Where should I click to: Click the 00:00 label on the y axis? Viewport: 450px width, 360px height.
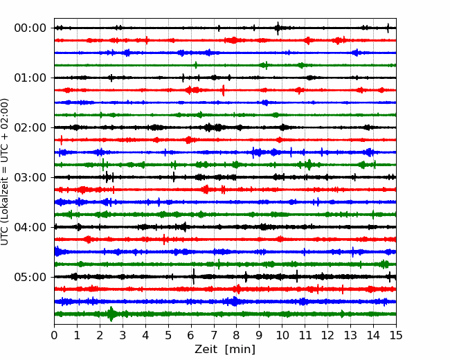[30, 28]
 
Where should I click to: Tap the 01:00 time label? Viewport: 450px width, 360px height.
[30, 78]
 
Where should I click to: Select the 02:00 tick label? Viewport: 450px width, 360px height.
[30, 127]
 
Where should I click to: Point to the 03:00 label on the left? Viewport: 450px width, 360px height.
[30, 177]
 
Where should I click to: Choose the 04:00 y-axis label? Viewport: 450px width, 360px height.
[30, 227]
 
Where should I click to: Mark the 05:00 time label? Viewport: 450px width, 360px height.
[30, 277]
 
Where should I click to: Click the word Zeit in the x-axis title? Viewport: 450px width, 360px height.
[206, 350]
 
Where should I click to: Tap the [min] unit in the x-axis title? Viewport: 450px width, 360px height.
[240, 350]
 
